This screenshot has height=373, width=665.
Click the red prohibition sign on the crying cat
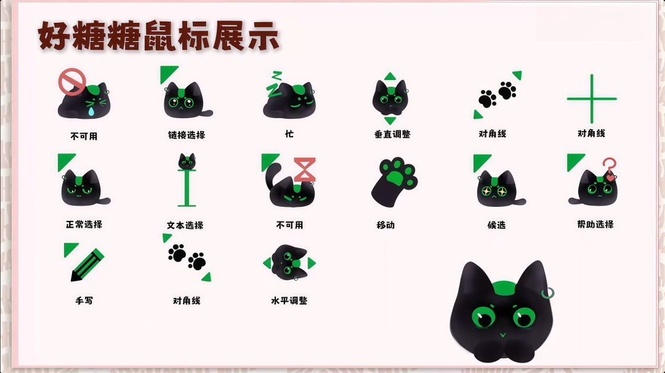pos(72,81)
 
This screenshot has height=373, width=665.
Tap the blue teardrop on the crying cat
pos(91,111)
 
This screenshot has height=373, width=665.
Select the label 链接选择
pos(187,135)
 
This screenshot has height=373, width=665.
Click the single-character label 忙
pos(289,134)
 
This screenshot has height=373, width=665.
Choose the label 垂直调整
pos(392,134)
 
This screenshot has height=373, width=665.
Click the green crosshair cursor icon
pos(592,98)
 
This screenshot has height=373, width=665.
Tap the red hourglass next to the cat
pos(305,169)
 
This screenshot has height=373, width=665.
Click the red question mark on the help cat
pos(609,168)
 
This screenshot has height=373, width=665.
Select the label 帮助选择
pos(595,224)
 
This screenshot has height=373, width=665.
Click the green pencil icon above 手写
pos(87,265)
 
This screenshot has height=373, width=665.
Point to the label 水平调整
pos(289,300)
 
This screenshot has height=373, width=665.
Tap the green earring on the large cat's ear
pos(548,292)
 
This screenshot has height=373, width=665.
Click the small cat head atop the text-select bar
pos(187,161)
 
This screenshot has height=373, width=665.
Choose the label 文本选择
pos(185,225)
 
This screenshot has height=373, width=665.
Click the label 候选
pos(496,225)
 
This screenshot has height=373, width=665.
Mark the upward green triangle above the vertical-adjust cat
pos(390,76)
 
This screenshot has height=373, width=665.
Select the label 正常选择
pos(84,224)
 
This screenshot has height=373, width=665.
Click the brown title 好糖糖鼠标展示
pos(159,36)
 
